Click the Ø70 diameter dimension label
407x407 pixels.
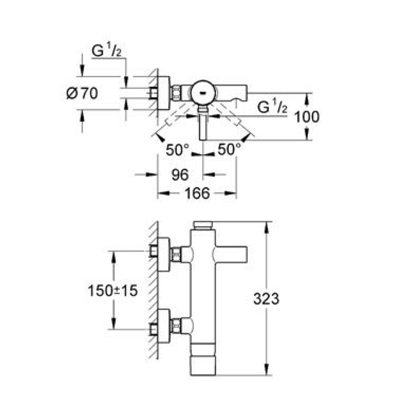click(82, 94)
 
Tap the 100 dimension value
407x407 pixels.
click(307, 117)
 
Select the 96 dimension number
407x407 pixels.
click(180, 175)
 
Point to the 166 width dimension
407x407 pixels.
click(197, 193)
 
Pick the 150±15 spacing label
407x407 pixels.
click(113, 291)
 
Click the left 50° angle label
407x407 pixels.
click(177, 150)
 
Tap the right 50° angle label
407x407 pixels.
click(229, 149)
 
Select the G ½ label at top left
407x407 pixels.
click(106, 51)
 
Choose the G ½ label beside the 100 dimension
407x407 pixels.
click(272, 107)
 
